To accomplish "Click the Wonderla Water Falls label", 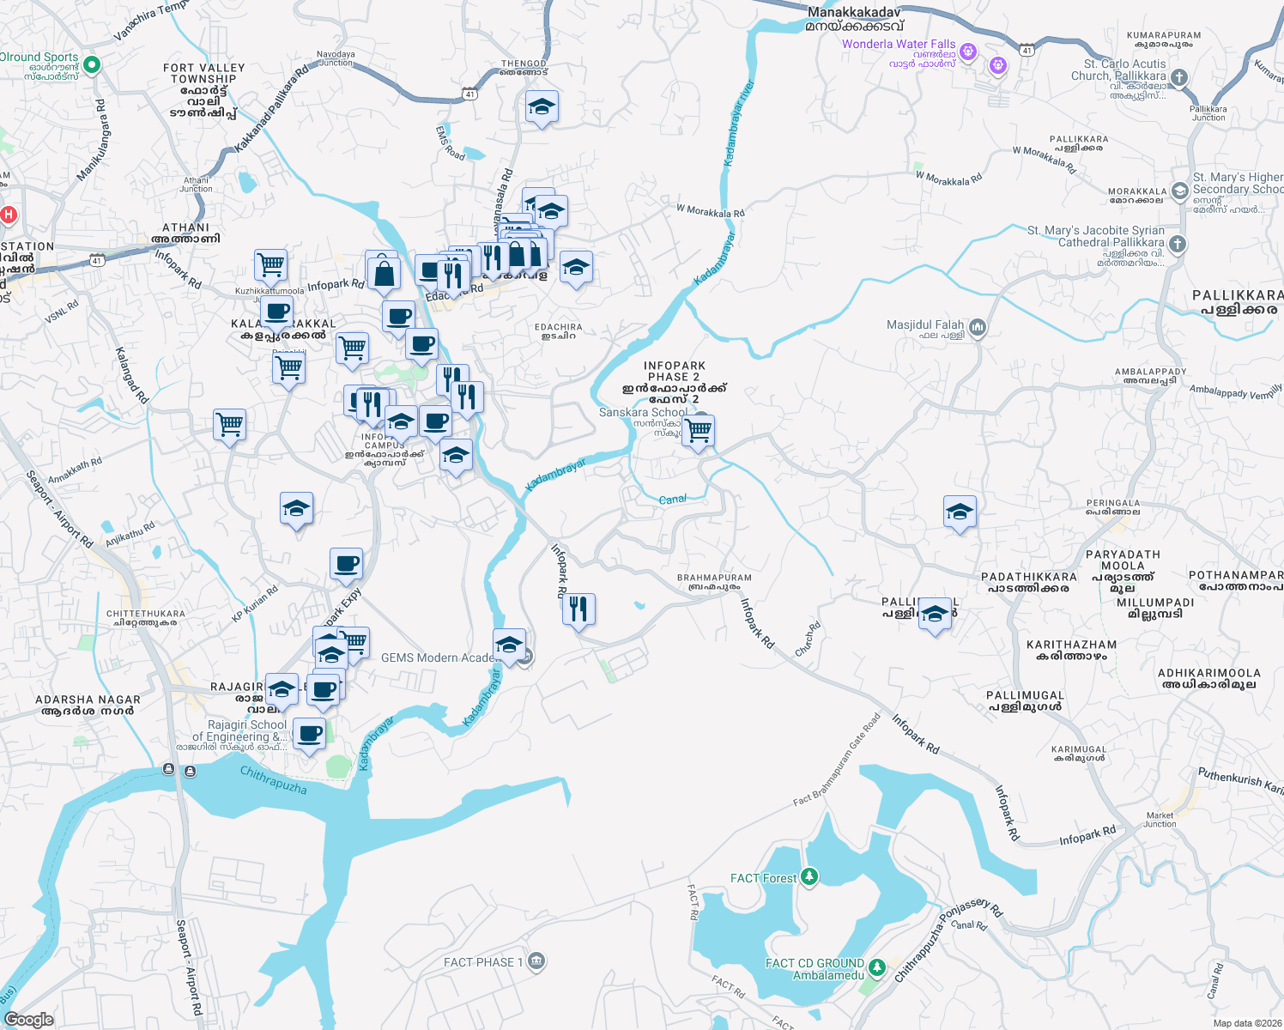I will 898,45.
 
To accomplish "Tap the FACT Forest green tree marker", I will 809,876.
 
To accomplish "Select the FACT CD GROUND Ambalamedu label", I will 815,969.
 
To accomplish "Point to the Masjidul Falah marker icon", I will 978,327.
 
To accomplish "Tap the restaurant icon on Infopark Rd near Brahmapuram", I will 578,609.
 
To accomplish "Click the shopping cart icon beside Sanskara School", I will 698,431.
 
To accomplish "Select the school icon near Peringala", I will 959,512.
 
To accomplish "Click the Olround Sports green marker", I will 92,64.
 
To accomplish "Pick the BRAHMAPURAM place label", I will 714,578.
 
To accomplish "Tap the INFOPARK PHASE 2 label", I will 674,371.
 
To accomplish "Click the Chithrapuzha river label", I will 273,779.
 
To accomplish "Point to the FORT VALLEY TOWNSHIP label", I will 203,74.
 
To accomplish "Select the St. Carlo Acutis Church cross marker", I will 1179,78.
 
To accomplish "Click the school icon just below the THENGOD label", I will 541,107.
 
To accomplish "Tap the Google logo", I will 28,1019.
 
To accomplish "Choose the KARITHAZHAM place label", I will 1071,645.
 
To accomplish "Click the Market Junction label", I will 1159,820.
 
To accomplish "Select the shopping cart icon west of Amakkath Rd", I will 229,424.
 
